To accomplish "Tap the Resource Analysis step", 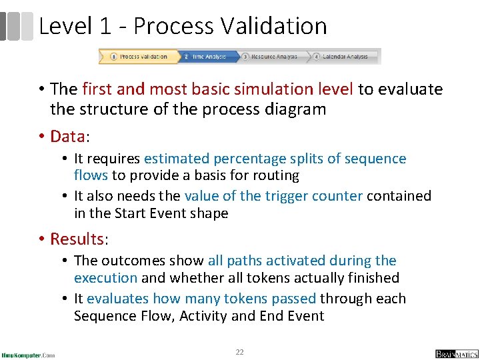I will [273, 57].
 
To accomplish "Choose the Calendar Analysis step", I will [343, 57].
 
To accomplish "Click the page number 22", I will [239, 351].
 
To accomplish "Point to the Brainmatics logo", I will [457, 354].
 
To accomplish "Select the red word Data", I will [67, 137].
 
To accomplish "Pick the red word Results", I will [77, 239].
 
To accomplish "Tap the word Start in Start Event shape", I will [133, 213].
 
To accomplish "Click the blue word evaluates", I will [117, 299].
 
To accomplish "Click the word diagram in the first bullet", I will [296, 109].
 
